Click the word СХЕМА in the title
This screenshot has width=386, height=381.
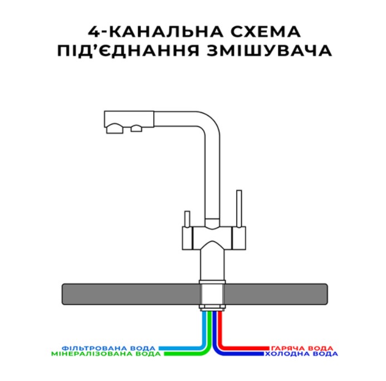[x=265, y=31]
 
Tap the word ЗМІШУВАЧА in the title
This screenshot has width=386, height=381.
[x=269, y=51]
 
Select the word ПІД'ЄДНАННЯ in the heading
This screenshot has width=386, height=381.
[x=128, y=50]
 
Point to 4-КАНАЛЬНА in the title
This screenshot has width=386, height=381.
[x=155, y=32]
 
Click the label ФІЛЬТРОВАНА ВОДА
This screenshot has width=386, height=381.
[x=109, y=348]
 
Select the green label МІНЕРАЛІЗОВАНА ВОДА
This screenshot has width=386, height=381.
[x=106, y=354]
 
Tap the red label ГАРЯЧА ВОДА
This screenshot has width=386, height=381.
[x=302, y=348]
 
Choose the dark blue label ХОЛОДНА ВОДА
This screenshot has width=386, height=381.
[x=301, y=354]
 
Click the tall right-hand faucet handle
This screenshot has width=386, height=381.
[x=239, y=208]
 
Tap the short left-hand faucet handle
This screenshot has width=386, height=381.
[x=187, y=219]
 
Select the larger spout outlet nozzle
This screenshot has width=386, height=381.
[x=115, y=129]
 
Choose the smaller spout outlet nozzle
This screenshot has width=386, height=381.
[x=136, y=129]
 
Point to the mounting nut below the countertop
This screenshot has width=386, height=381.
[x=212, y=307]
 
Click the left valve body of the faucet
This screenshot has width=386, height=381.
[x=187, y=238]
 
